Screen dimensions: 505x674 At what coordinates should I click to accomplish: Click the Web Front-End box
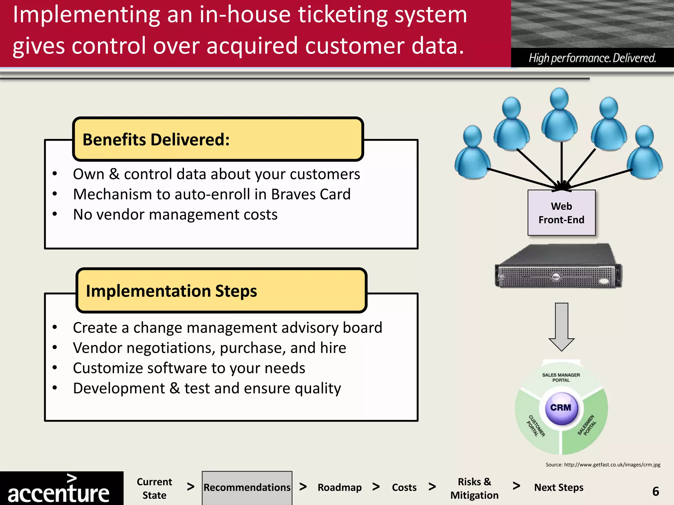click(x=561, y=213)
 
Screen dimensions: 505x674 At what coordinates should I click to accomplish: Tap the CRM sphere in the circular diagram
click(x=561, y=408)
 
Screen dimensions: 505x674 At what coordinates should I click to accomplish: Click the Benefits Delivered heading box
click(x=218, y=139)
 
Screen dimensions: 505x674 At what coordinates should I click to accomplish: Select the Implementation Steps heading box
click(x=221, y=291)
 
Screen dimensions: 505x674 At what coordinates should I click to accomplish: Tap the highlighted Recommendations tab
click(x=247, y=488)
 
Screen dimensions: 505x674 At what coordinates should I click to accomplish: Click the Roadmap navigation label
click(x=339, y=488)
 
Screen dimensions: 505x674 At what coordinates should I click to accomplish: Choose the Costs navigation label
click(x=404, y=488)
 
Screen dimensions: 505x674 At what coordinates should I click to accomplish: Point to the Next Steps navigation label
click(x=558, y=488)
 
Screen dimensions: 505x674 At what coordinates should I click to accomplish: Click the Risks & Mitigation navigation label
click(x=474, y=488)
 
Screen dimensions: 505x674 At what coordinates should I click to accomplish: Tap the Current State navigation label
click(x=154, y=488)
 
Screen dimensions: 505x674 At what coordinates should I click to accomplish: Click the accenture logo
click(x=59, y=490)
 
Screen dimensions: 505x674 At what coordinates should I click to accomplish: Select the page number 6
click(x=655, y=492)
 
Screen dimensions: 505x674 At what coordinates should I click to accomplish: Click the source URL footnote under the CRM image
click(x=603, y=465)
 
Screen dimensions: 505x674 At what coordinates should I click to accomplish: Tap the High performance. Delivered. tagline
click(x=592, y=58)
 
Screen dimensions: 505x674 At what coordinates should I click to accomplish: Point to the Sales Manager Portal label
click(x=561, y=377)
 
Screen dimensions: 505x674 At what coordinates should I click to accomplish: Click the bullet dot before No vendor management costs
click(x=55, y=214)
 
